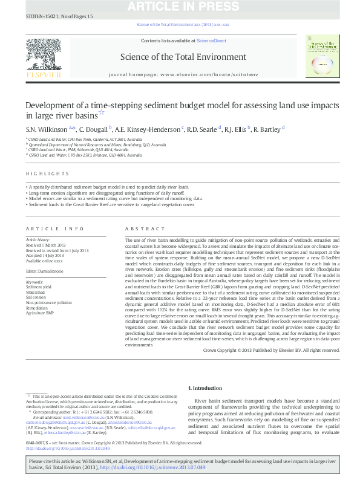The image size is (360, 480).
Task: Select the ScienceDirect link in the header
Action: tap(211, 41)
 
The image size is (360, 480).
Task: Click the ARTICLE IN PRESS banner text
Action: tap(179, 8)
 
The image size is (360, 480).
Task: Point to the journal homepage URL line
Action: tap(183, 73)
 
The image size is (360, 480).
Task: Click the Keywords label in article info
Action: tap(35, 282)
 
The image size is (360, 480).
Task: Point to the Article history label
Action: tap(39, 239)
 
